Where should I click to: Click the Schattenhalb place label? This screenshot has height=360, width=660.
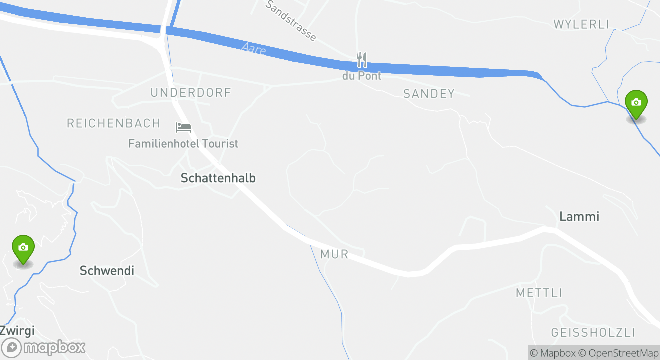pos(218,178)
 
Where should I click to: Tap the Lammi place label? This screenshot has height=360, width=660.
pos(579,216)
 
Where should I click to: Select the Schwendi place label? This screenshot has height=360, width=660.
pos(107,271)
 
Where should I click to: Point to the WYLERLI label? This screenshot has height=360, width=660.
pos(581,24)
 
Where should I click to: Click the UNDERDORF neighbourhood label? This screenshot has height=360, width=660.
pos(191,93)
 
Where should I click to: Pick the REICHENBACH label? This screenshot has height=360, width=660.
pos(114,123)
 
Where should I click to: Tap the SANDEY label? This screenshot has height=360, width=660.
pos(429,93)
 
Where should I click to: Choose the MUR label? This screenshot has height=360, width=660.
pos(334,254)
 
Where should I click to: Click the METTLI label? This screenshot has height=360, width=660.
pos(539,293)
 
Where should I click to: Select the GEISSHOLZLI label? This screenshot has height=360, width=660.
pos(593,333)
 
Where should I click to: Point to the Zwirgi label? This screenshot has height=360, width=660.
pos(17,330)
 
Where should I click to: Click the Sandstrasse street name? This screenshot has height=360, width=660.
pos(291,20)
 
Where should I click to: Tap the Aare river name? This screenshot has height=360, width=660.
pos(254,49)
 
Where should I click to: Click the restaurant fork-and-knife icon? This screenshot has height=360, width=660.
pos(362,60)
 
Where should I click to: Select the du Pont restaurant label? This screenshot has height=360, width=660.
pos(362,76)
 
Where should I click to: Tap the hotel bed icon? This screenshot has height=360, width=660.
pos(183,127)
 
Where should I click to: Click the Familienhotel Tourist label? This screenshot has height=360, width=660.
pos(183,144)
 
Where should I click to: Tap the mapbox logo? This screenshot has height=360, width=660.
pos(44,347)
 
